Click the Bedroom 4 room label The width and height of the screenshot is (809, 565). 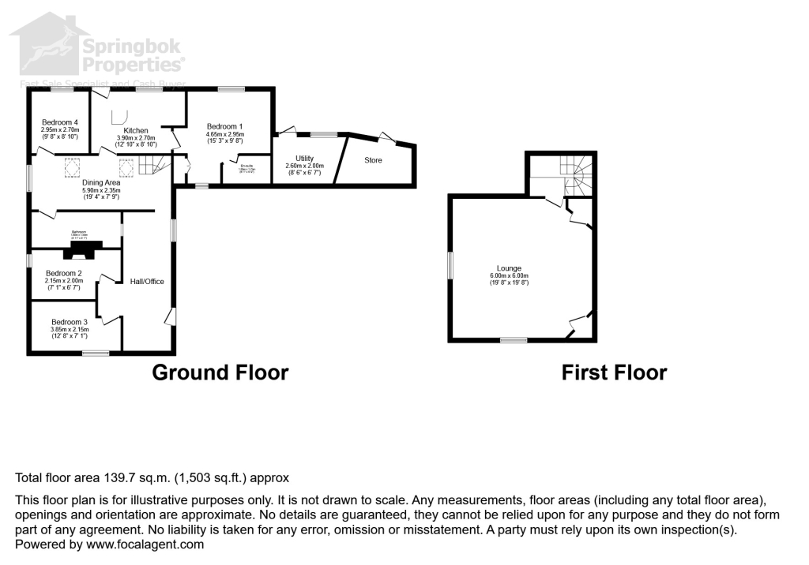point(60,122)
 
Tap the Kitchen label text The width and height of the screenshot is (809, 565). point(135,130)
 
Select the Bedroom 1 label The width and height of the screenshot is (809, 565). point(225,126)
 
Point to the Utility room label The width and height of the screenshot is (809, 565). point(304,159)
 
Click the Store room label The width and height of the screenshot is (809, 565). point(373,160)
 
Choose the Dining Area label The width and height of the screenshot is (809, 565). point(100,183)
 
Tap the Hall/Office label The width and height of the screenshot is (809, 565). point(147,282)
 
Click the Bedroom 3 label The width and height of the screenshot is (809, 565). point(70,322)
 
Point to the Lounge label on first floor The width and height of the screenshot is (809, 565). point(509,268)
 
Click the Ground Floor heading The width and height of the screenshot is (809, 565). point(220,372)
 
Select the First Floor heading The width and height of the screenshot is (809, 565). point(614,372)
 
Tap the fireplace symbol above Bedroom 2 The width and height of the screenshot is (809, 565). point(81,250)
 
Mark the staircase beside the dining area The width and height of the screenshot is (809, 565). point(153,165)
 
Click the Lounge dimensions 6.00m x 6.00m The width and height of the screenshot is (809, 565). point(509,275)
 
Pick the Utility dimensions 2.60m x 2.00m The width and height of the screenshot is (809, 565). point(304,167)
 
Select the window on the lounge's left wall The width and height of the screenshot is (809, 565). point(450,265)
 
